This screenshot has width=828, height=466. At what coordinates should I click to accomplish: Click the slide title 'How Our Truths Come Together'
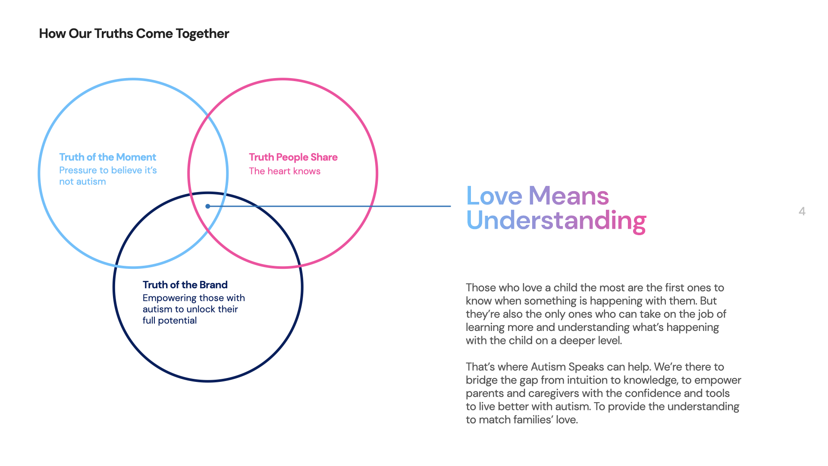(x=134, y=34)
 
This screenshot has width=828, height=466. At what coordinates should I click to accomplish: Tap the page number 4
(x=802, y=211)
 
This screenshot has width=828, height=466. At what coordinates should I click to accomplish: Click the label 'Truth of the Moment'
(x=107, y=157)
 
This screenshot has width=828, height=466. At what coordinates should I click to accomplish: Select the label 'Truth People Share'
(x=293, y=157)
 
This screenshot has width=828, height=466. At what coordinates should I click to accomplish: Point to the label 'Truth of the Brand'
(x=185, y=285)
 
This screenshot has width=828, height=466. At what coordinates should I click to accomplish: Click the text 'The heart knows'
(x=285, y=171)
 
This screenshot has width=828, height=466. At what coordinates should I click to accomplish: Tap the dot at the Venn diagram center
(x=208, y=206)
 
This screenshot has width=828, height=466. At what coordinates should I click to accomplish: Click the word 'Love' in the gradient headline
(x=494, y=196)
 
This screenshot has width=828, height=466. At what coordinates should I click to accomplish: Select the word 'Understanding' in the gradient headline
(x=556, y=220)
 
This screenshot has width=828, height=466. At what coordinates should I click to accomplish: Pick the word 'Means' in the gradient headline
(x=568, y=196)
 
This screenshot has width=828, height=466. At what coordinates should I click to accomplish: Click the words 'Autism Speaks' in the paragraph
(x=567, y=367)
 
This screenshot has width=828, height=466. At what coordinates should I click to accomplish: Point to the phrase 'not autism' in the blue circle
(x=82, y=182)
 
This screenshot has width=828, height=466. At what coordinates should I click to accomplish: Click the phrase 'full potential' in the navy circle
(x=169, y=321)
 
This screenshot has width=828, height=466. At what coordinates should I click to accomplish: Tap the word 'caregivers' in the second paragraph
(x=554, y=394)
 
